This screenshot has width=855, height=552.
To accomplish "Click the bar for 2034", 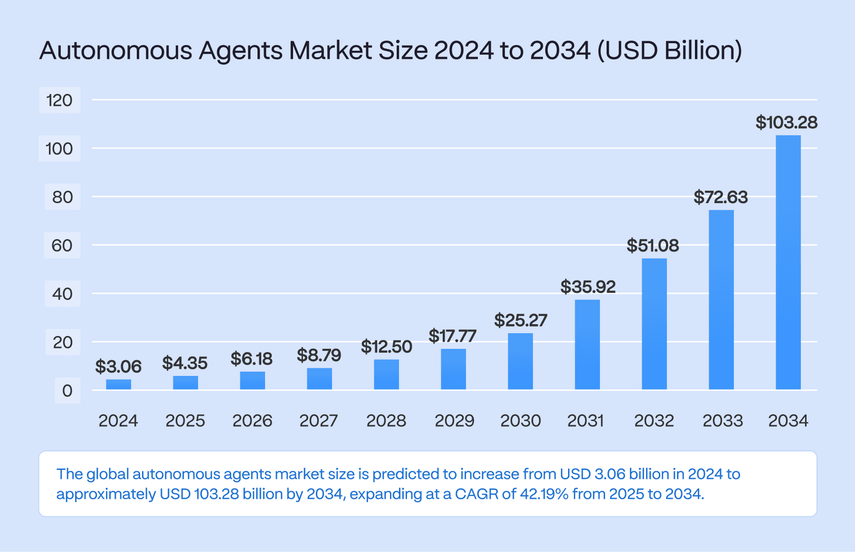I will click(x=788, y=262).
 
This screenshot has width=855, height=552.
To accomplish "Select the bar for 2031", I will click(x=587, y=345).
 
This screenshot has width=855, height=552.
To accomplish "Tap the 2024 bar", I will click(x=118, y=384).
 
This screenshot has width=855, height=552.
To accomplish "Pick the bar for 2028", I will click(x=386, y=374).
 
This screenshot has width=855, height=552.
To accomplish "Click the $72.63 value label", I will click(x=721, y=197).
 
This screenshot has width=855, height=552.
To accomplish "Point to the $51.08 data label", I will click(x=653, y=245).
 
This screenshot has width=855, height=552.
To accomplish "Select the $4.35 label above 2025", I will click(x=185, y=363).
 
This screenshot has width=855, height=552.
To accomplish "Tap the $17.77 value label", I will click(x=452, y=336).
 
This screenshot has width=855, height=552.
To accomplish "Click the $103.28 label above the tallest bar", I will click(x=787, y=122).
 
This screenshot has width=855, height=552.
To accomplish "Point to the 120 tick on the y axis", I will click(x=59, y=100).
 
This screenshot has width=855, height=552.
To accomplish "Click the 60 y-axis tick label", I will click(x=62, y=245).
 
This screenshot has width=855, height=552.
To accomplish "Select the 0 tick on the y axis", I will click(x=67, y=391).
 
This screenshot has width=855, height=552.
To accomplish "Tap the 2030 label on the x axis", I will click(x=521, y=421).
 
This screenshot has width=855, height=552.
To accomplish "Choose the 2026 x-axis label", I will click(x=252, y=421).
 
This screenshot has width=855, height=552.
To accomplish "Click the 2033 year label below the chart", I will click(x=722, y=421).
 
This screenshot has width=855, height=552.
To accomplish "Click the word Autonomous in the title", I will click(x=116, y=50).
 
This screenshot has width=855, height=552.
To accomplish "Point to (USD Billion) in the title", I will click(x=669, y=50).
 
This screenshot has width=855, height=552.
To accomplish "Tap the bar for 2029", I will click(x=453, y=369).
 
